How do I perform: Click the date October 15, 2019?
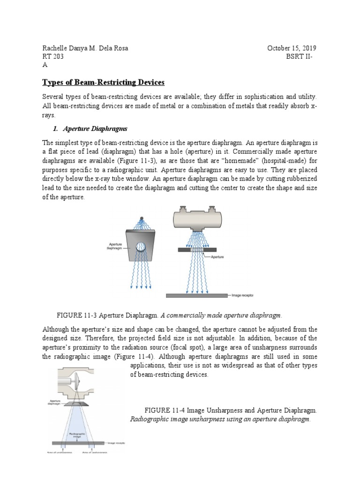[292, 48]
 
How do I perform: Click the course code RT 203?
[53, 57]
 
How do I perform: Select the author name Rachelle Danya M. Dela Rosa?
[85, 48]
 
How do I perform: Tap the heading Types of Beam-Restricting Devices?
[104, 82]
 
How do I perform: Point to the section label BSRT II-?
[301, 57]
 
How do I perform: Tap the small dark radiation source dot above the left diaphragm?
[141, 218]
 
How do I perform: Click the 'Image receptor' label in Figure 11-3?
[242, 296]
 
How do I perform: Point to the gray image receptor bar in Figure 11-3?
[197, 296]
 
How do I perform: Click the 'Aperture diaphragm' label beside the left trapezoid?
[115, 246]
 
